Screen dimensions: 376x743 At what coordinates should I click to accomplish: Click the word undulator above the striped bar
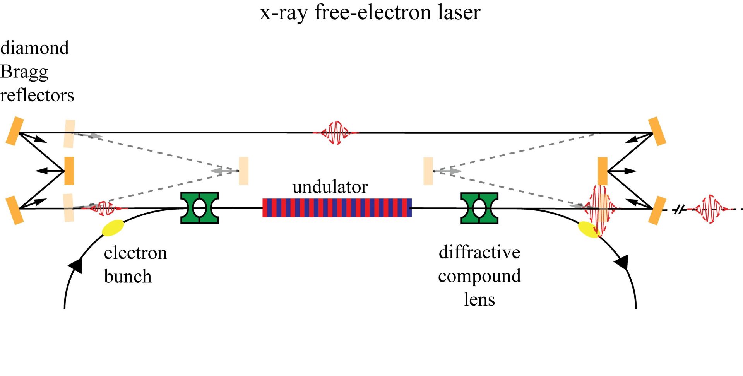(x=330, y=187)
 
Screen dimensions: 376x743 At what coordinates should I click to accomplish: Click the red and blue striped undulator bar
(x=337, y=208)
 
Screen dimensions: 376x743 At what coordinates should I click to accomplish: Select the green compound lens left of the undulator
(x=200, y=208)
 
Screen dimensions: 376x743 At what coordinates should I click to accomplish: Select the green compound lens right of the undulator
(x=479, y=209)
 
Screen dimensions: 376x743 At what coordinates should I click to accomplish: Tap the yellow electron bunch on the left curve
(x=113, y=228)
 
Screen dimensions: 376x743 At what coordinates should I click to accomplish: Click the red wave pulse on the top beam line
(x=336, y=133)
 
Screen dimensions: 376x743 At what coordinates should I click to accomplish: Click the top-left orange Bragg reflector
(x=15, y=131)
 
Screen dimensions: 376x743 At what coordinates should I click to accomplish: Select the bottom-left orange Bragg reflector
(x=15, y=210)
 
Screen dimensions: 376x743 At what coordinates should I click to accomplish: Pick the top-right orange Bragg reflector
(x=657, y=131)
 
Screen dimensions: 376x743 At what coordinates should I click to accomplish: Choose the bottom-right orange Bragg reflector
(x=657, y=210)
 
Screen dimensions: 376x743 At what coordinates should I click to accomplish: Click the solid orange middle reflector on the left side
(x=69, y=171)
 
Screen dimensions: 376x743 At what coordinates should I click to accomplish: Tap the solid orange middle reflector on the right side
(x=603, y=171)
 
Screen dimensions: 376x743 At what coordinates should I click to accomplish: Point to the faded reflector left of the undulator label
(x=243, y=171)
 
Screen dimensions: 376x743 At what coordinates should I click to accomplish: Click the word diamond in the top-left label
(x=34, y=48)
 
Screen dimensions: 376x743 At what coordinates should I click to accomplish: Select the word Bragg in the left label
(x=24, y=72)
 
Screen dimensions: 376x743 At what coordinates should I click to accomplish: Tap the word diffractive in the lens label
(x=479, y=252)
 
